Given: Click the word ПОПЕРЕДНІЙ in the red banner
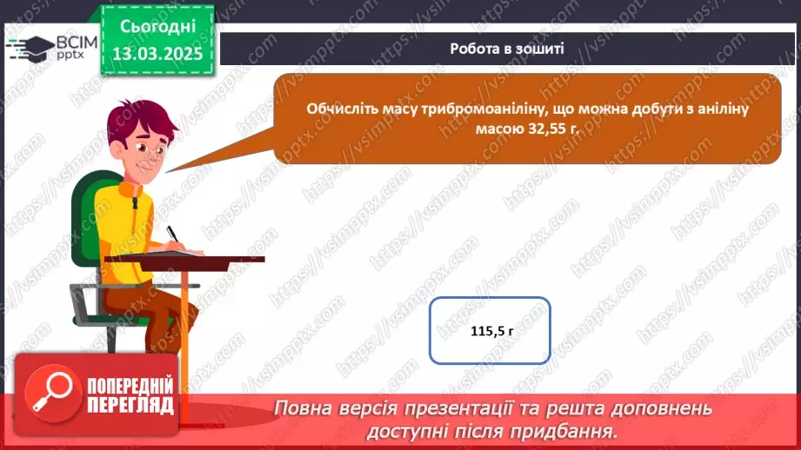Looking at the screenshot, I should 130,386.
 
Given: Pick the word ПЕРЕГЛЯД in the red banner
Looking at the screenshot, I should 130,406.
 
